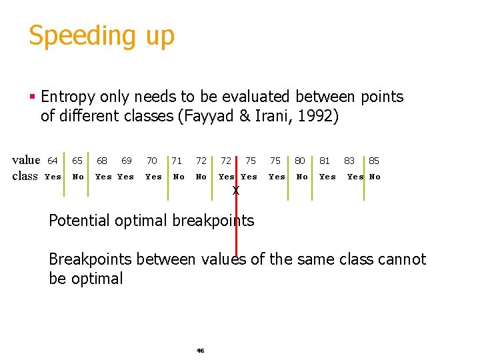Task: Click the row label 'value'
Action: pyautogui.click(x=26, y=160)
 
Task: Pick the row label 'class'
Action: pyautogui.click(x=25, y=177)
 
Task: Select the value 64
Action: pyautogui.click(x=53, y=161)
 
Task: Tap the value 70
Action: pyautogui.click(x=152, y=161)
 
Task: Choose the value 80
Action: pyautogui.click(x=300, y=161)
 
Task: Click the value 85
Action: pyautogui.click(x=374, y=161)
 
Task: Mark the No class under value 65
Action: pyautogui.click(x=78, y=177)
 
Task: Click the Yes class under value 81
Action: pyautogui.click(x=327, y=177)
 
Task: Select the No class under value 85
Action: pyautogui.click(x=375, y=177)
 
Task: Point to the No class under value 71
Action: pyautogui.click(x=179, y=177)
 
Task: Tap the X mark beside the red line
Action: pyautogui.click(x=235, y=191)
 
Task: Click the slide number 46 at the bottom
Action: pyautogui.click(x=200, y=350)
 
